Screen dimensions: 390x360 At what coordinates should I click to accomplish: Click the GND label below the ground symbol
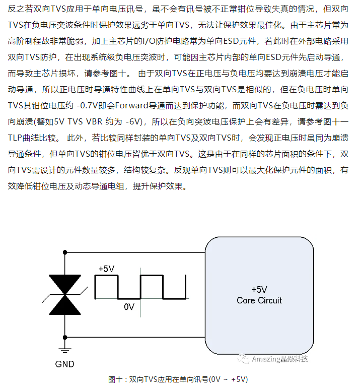click(x=64, y=364)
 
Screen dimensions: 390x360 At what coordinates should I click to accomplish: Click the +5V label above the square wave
click(x=107, y=269)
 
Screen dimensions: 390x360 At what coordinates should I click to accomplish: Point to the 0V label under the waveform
click(x=129, y=307)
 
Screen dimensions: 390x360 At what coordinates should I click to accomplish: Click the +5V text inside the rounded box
click(x=259, y=290)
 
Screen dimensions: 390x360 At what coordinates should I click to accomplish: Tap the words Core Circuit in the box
click(x=259, y=301)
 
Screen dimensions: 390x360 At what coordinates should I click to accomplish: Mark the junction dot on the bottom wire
click(x=65, y=337)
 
